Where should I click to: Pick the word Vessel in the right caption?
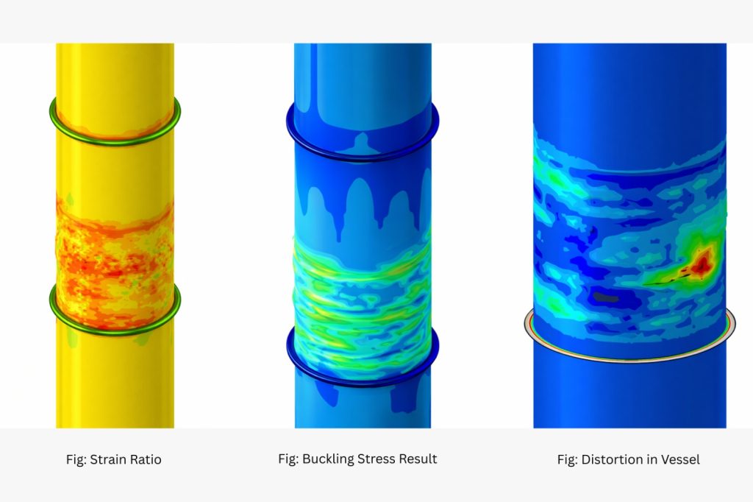tap(681, 460)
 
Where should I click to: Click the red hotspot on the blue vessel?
tap(702, 259)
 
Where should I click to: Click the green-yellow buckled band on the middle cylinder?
tap(362, 294)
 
